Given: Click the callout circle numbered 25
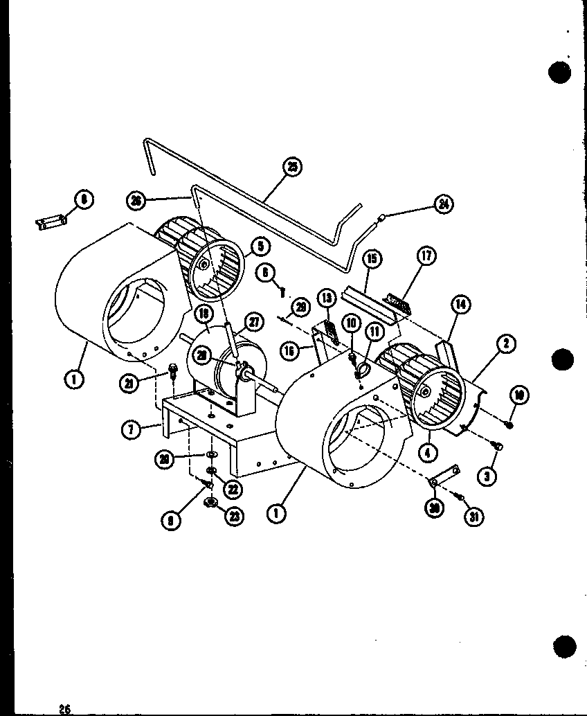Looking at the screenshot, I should click(293, 167).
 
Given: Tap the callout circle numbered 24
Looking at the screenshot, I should click(443, 204).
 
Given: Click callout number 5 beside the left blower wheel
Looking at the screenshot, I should click(260, 245).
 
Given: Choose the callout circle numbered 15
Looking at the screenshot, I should click(372, 259).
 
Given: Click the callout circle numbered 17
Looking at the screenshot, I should click(426, 257).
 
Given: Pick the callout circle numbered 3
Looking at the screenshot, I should click(489, 476).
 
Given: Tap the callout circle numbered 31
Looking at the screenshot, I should click(474, 516).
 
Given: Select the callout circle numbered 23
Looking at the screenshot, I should click(235, 516).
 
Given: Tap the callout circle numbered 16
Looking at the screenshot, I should click(288, 351).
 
